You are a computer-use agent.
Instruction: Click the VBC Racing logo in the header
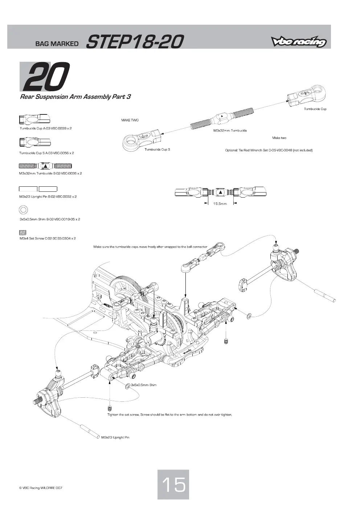(298, 42)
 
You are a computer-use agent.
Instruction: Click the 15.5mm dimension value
(220, 204)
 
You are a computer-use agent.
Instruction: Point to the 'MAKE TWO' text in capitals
(130, 120)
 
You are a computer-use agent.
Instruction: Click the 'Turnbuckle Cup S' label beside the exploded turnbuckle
(157, 150)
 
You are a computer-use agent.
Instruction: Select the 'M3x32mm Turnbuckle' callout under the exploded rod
(230, 131)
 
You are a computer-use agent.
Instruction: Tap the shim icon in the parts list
(24, 210)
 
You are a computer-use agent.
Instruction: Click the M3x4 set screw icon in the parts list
(23, 232)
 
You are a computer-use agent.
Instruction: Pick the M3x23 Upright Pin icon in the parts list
(38, 189)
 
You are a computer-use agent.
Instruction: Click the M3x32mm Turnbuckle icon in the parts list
(45, 166)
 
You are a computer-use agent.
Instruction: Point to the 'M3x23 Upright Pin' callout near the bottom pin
(115, 437)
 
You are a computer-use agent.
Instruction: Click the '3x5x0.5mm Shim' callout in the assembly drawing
(144, 385)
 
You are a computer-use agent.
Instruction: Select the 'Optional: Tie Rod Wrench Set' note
(269, 150)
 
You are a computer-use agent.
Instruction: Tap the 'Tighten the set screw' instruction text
(169, 414)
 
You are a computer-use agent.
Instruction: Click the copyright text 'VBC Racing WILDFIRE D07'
(41, 488)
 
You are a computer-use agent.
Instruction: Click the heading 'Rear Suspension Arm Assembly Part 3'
(75, 97)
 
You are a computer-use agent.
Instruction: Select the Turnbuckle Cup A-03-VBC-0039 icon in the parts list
(34, 119)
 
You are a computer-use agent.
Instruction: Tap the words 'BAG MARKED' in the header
(57, 44)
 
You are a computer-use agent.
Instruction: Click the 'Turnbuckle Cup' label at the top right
(315, 109)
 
